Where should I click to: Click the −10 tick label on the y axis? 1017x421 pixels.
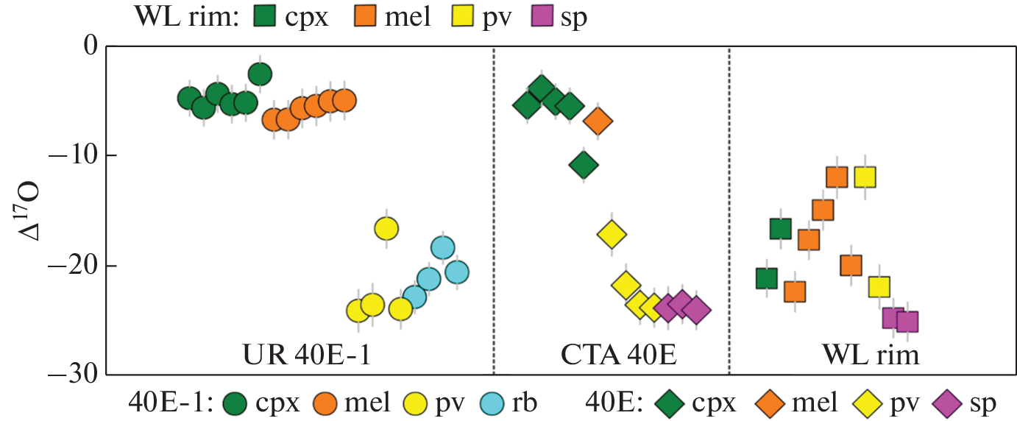[71, 156]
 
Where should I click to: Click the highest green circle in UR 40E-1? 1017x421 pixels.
[260, 74]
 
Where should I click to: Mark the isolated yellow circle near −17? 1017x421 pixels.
[386, 229]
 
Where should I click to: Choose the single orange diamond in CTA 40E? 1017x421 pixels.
[598, 121]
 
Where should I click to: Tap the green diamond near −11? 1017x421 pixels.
[584, 165]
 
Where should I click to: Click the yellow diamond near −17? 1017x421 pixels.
[612, 234]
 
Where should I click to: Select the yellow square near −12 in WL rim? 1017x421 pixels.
[865, 177]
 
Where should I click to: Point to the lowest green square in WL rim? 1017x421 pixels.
[767, 278]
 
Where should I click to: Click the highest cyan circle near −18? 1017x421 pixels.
[442, 247]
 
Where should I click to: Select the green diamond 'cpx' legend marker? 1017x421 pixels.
[667, 403]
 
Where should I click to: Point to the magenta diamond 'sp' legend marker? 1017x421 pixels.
[946, 403]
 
